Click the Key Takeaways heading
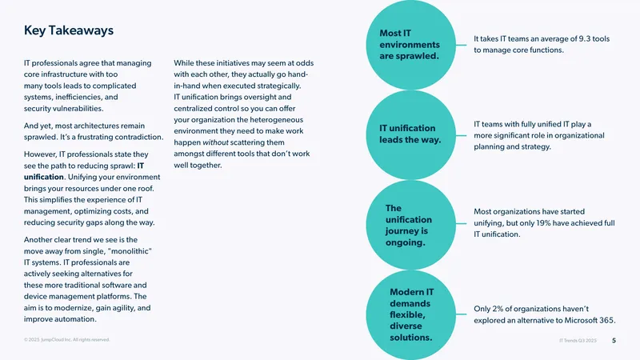(69, 30)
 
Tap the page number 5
(614, 341)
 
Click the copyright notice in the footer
(67, 339)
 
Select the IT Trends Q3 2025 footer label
(578, 341)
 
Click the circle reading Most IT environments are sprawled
(410, 45)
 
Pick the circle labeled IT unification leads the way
(410, 134)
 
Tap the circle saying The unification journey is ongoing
(410, 225)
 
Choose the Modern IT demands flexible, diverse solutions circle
(410, 314)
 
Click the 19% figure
(541, 223)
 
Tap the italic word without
(215, 142)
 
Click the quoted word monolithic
(130, 251)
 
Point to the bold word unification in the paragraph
(44, 177)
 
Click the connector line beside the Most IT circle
(462, 45)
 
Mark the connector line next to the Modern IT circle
(462, 314)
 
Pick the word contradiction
(138, 137)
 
